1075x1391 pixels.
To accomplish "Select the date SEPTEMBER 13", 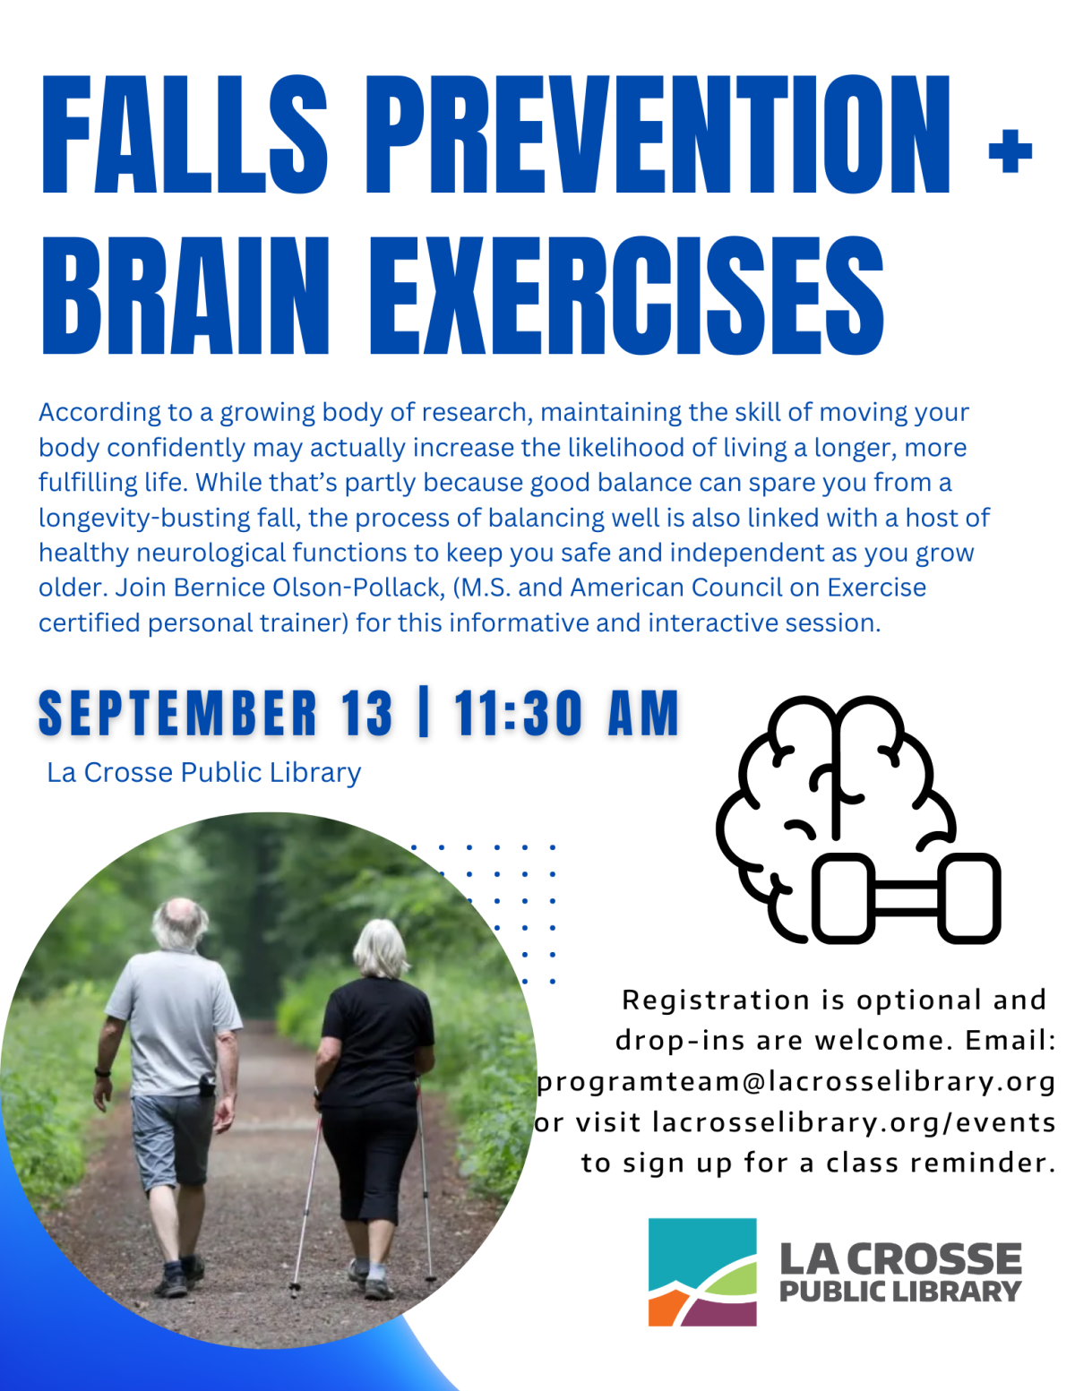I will (x=215, y=714).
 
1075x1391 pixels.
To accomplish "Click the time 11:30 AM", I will (x=566, y=714).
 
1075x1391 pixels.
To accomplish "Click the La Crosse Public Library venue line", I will (x=203, y=772).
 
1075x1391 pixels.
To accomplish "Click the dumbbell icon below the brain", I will (x=905, y=898).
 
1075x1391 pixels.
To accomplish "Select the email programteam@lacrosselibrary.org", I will (x=795, y=1081).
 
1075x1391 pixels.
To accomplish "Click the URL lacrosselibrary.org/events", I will (x=853, y=1121).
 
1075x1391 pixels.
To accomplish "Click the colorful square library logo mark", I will (x=702, y=1271).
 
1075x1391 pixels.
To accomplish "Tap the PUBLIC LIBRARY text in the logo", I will (x=899, y=1292).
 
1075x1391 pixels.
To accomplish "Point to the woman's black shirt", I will (x=376, y=1039).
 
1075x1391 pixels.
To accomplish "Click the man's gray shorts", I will (x=172, y=1138).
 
